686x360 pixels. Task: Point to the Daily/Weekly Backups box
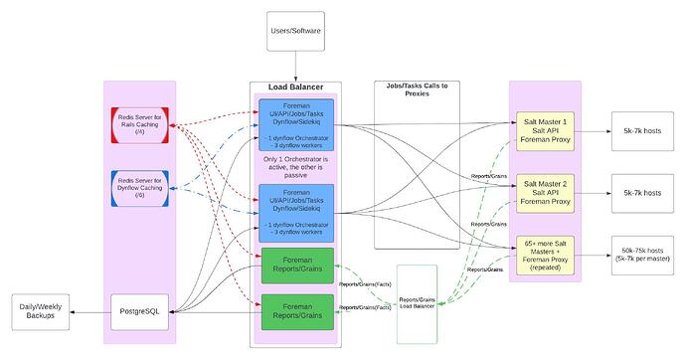(47, 311)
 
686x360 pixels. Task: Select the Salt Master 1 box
(544, 130)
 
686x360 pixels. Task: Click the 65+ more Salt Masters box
(544, 254)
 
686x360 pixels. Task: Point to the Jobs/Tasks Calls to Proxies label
(417, 90)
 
